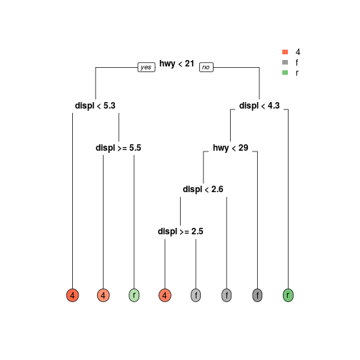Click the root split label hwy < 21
176,64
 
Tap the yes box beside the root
146,67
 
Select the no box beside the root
206,67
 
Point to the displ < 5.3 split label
95,106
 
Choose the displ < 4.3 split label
259,106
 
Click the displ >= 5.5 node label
119,148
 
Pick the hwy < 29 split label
231,148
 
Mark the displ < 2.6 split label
203,189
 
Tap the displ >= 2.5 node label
181,231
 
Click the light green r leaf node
134,295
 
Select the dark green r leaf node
288,295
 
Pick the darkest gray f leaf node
257,295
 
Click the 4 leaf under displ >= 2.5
165,295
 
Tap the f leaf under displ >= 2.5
196,295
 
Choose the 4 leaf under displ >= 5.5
103,295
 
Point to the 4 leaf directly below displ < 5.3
72,295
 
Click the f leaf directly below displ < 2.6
226,295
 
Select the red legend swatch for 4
285,52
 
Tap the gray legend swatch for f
285,62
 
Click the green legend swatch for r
285,72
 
